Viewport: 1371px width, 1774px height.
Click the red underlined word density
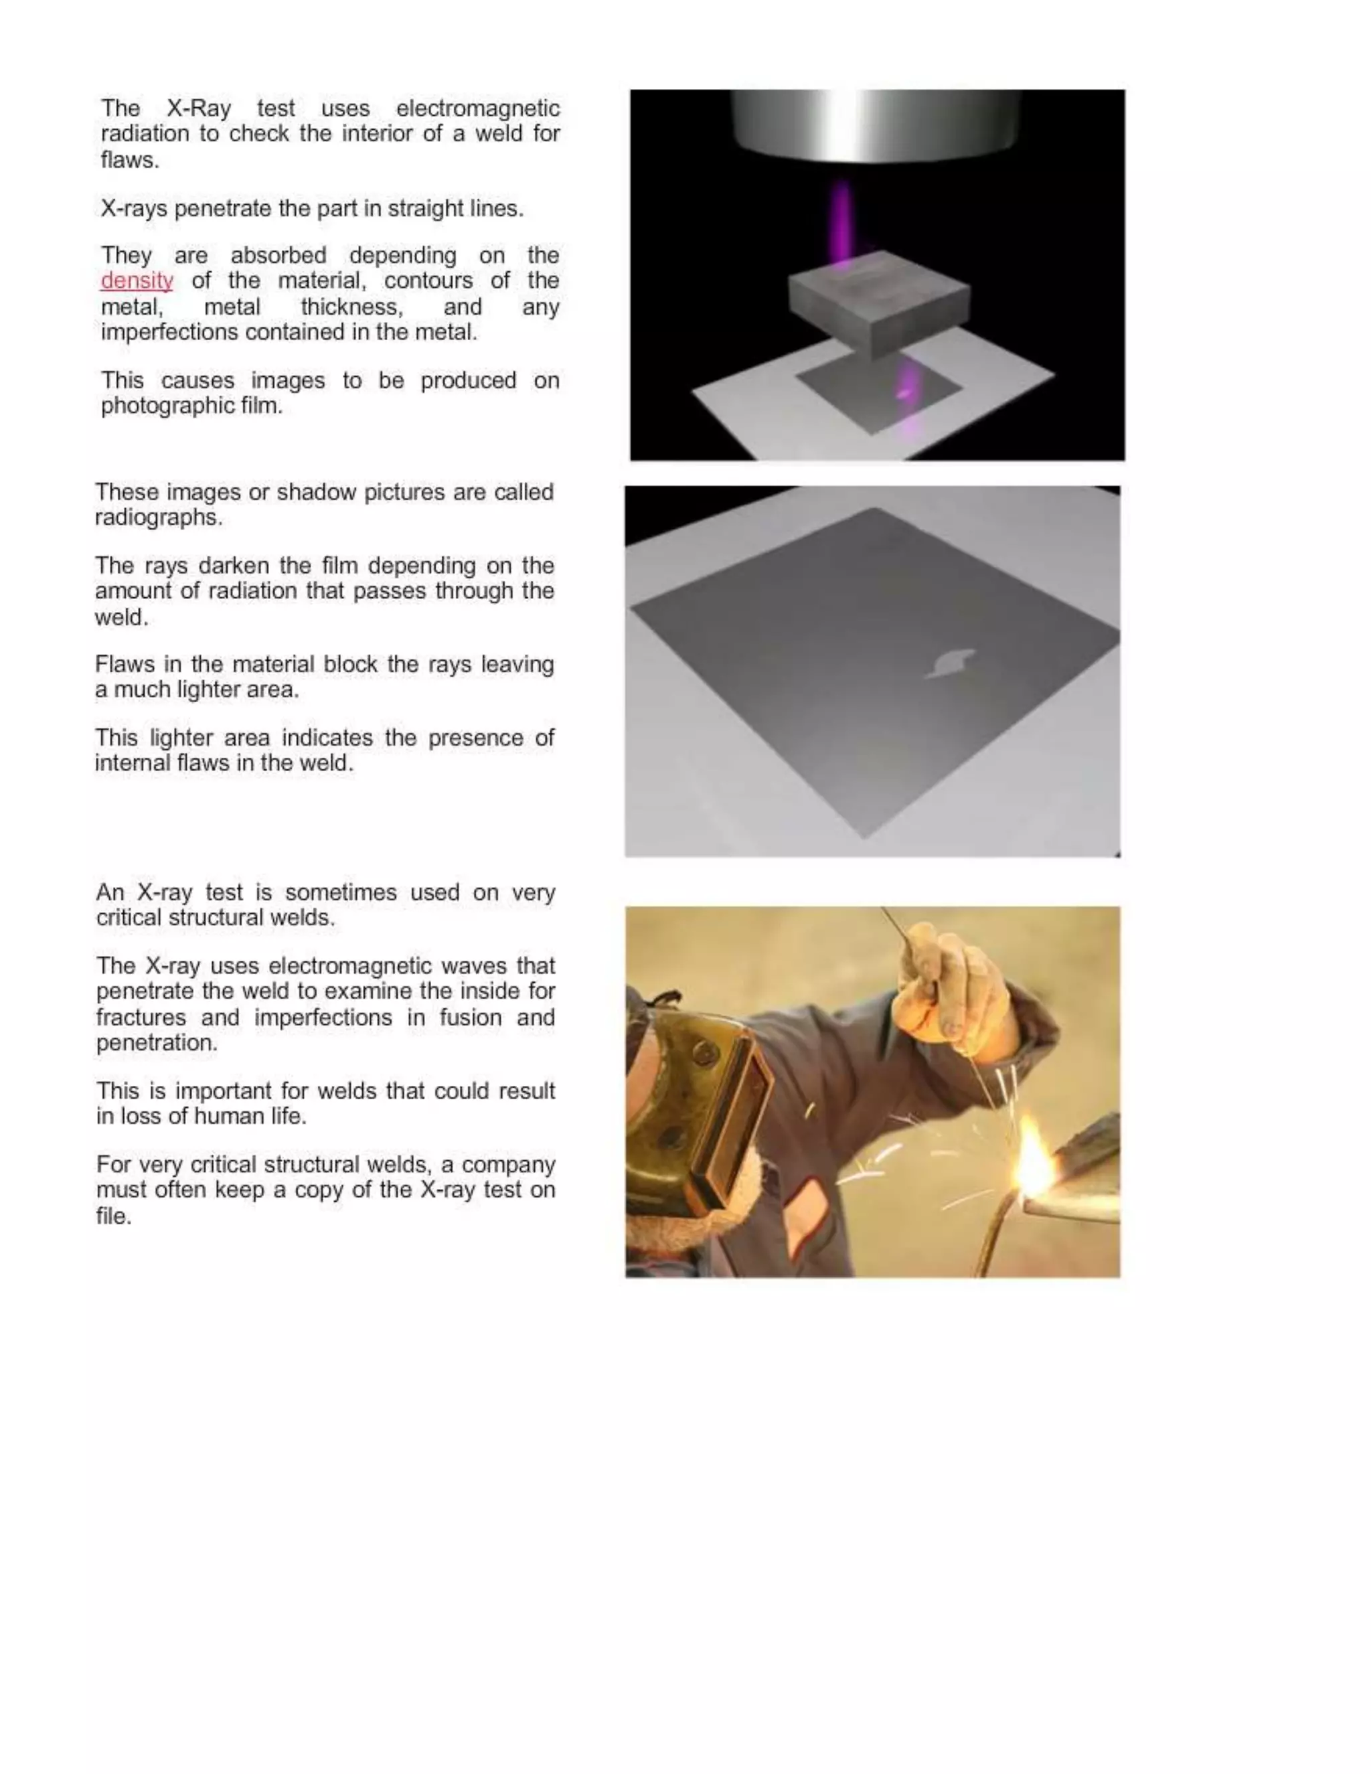tap(137, 281)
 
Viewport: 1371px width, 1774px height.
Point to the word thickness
tap(351, 307)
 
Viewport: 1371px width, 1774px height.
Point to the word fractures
tap(141, 1018)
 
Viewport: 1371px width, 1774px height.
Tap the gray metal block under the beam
tap(880, 303)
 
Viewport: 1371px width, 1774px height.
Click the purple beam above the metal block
tap(842, 220)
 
